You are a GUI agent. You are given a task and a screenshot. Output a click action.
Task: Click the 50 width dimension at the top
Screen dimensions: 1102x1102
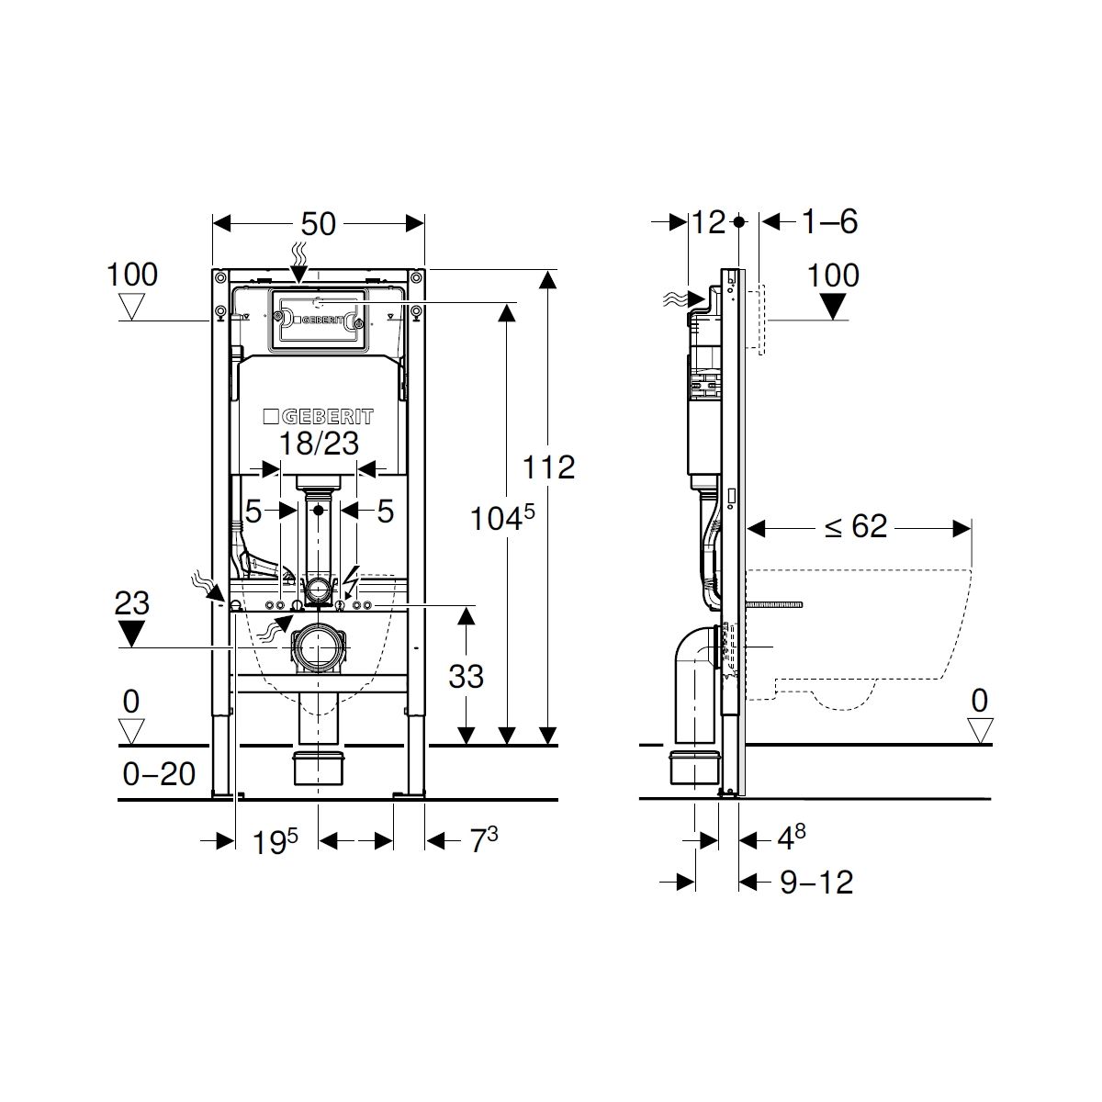point(318,223)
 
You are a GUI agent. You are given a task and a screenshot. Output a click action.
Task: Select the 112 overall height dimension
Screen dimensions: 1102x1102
point(548,467)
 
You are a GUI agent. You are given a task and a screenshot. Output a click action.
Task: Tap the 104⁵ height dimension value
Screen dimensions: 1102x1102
point(502,518)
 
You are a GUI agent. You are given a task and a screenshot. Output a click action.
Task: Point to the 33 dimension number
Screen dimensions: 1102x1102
point(467,676)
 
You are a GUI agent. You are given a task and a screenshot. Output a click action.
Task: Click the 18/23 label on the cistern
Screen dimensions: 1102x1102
point(319,443)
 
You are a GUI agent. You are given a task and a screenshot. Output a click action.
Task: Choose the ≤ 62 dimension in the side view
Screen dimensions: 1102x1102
point(856,525)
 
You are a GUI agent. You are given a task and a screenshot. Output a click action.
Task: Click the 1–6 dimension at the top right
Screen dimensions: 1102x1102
point(830,221)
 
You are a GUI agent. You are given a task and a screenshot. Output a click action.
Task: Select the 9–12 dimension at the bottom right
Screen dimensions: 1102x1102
point(816,882)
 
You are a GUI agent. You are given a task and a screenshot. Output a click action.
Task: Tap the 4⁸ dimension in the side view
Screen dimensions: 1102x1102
point(792,838)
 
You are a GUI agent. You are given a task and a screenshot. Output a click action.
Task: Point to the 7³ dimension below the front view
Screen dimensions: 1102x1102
point(484,839)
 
